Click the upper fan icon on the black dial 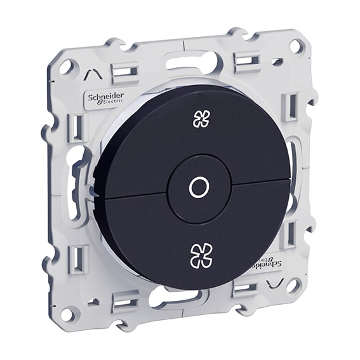click(201, 119)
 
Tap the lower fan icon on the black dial click(202, 255)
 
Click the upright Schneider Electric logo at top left click(105, 100)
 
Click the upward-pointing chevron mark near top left click(92, 76)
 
